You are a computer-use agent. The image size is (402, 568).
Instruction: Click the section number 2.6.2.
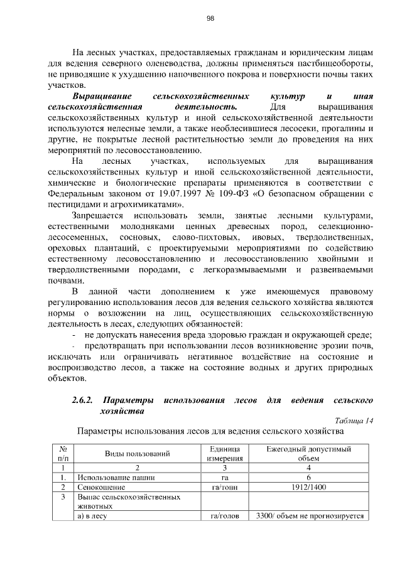pyautogui.click(x=82, y=400)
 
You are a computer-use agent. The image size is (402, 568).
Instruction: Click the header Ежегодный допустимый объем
pyautogui.click(x=308, y=453)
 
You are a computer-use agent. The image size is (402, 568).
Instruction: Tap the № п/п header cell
pyautogui.click(x=63, y=453)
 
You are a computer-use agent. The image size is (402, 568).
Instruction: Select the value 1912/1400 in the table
pyautogui.click(x=308, y=486)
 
